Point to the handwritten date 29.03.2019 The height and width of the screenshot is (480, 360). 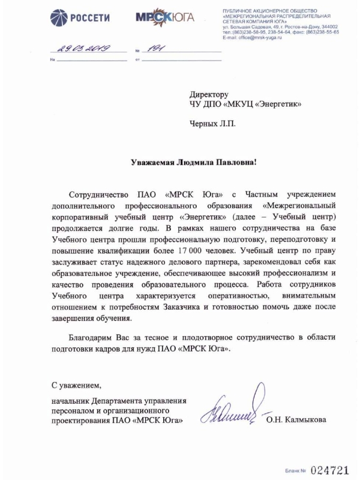coord(81,49)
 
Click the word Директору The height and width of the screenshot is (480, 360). coord(209,95)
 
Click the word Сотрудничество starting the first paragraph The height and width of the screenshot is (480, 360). coord(99,196)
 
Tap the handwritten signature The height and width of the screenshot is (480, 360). coord(235,410)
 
